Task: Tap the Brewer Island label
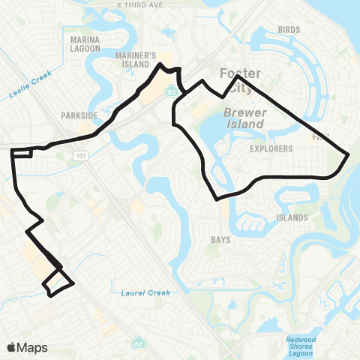[244, 116]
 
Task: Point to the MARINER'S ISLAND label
[135, 59]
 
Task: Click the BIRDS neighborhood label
[289, 30]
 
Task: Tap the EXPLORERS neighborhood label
[271, 148]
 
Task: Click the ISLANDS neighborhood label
[292, 217]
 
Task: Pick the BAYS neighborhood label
[220, 241]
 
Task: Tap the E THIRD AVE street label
[141, 4]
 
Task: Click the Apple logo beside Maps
[12, 346]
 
